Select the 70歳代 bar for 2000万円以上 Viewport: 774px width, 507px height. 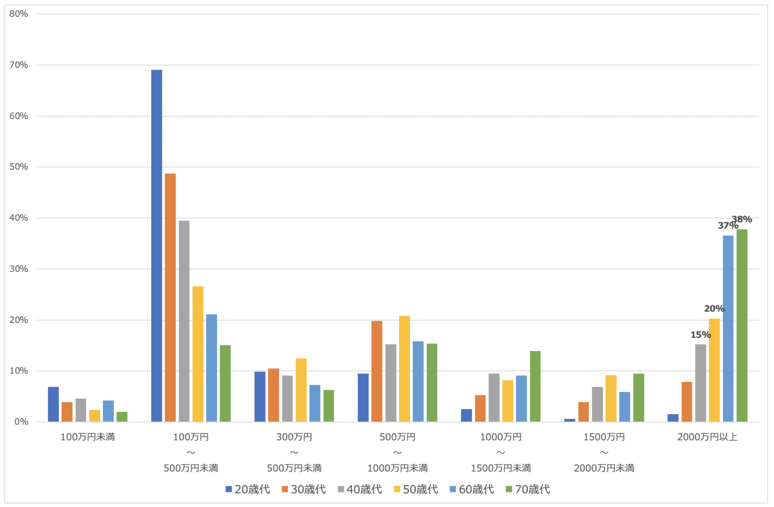click(742, 325)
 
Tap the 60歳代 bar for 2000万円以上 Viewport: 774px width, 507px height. click(728, 328)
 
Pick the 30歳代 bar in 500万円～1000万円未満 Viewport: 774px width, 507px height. click(377, 371)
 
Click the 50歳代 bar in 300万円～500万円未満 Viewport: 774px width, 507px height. click(301, 390)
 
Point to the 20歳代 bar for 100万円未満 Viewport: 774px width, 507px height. click(53, 404)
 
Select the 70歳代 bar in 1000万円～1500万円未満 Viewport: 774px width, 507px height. click(535, 386)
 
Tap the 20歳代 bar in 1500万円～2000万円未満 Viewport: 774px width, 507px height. click(569, 420)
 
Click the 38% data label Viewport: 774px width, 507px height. click(742, 219)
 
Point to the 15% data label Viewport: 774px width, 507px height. click(700, 335)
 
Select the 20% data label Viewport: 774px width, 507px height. click(714, 309)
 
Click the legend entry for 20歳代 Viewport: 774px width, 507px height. click(248, 489)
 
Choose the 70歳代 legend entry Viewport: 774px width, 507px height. click(528, 489)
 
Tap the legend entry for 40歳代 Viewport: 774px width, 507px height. click(360, 489)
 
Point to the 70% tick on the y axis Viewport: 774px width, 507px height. click(19, 65)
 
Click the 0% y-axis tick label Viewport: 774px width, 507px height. click(21, 422)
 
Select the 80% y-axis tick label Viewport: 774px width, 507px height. click(19, 14)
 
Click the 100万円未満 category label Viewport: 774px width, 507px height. click(88, 437)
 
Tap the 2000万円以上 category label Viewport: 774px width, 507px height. click(707, 437)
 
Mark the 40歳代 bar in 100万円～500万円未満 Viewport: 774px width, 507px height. click(184, 321)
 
